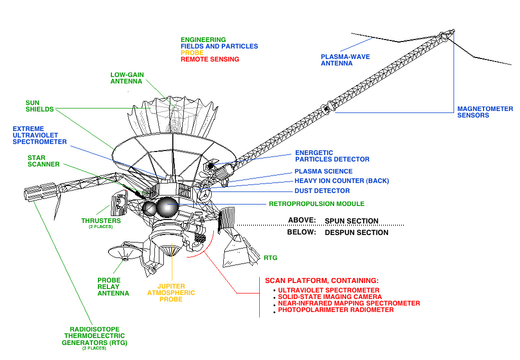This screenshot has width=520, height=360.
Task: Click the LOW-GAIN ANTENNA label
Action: (127, 78)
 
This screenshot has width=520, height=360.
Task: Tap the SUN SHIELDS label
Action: (39, 106)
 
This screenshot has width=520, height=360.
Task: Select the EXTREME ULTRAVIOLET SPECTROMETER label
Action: (39, 135)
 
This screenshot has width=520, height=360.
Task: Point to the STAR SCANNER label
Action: (43, 160)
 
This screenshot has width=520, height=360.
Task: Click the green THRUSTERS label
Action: (101, 220)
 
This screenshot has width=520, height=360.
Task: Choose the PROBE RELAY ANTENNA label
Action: (113, 286)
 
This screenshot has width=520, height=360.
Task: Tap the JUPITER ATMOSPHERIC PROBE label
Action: (171, 292)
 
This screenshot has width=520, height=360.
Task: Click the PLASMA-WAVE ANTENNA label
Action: (345, 60)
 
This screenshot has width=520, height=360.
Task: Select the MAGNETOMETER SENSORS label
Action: (485, 112)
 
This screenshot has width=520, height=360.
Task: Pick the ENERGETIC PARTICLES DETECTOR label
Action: (332, 156)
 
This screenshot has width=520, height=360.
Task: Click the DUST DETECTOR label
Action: (322, 190)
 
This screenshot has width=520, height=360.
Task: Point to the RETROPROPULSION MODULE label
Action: (317, 204)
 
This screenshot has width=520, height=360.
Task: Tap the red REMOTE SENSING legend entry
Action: (210, 59)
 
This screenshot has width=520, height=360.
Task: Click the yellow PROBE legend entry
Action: (192, 53)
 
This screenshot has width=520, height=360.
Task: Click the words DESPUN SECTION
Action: (356, 232)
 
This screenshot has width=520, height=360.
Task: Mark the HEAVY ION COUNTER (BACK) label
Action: (342, 181)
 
